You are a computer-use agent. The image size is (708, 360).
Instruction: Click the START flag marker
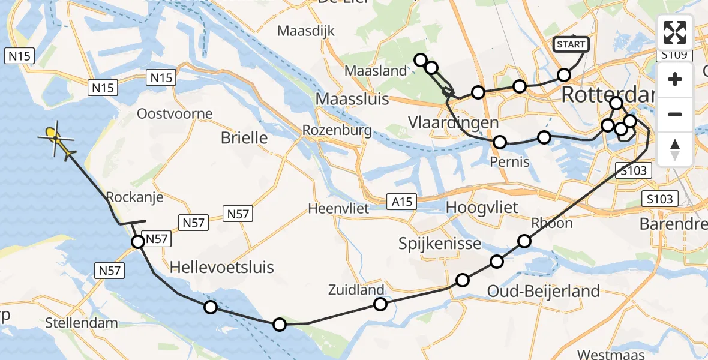pyautogui.click(x=571, y=44)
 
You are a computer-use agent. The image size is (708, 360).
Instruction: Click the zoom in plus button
pyautogui.click(x=675, y=79)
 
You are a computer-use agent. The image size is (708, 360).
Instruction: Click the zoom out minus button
pyautogui.click(x=675, y=114)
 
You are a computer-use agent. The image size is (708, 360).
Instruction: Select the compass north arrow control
pyautogui.click(x=675, y=149)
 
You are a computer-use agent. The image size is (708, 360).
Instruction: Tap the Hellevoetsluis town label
pyautogui.click(x=222, y=267)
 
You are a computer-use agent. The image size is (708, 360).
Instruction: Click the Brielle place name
pyautogui.click(x=244, y=137)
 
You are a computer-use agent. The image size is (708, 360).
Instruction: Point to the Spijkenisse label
pyautogui.click(x=440, y=244)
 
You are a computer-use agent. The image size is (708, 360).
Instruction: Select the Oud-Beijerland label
pyautogui.click(x=544, y=292)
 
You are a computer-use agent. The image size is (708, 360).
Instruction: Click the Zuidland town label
pyautogui.click(x=356, y=290)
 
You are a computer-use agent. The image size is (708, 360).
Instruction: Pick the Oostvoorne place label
pyautogui.click(x=175, y=113)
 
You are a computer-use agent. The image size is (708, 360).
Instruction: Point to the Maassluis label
pyautogui.click(x=352, y=98)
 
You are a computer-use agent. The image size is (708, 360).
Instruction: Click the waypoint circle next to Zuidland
pyautogui.click(x=380, y=304)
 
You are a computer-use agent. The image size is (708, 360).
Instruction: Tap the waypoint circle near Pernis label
pyautogui.click(x=499, y=142)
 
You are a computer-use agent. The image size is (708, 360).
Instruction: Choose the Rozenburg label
pyautogui.click(x=337, y=130)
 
